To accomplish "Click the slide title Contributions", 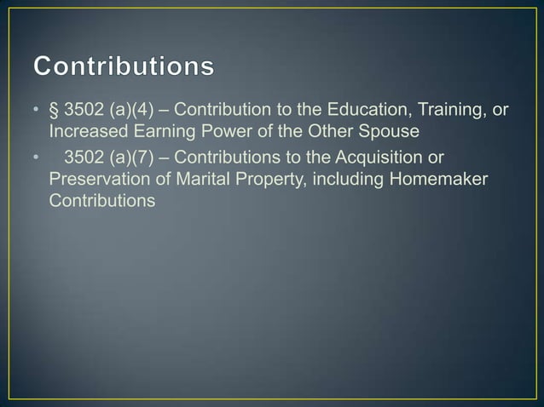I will click(x=124, y=66).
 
